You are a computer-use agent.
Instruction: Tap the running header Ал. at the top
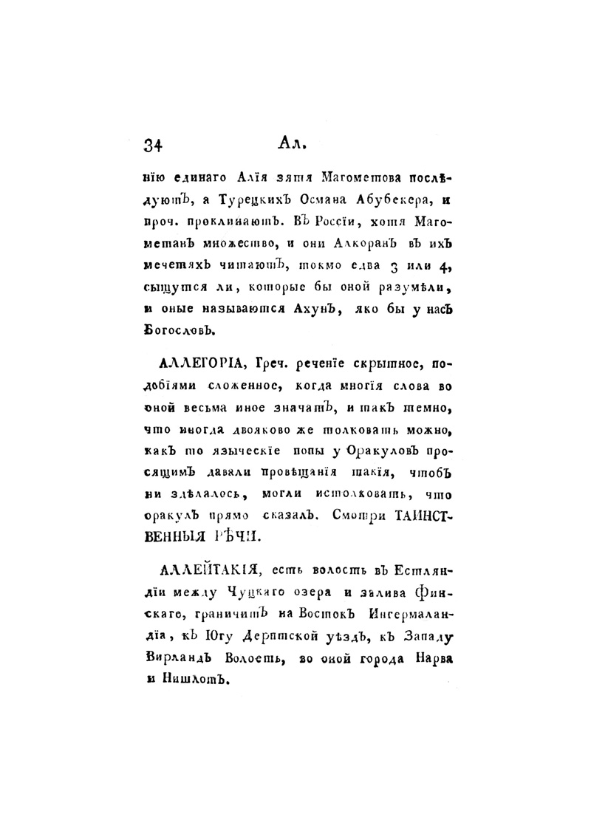coord(293,142)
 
